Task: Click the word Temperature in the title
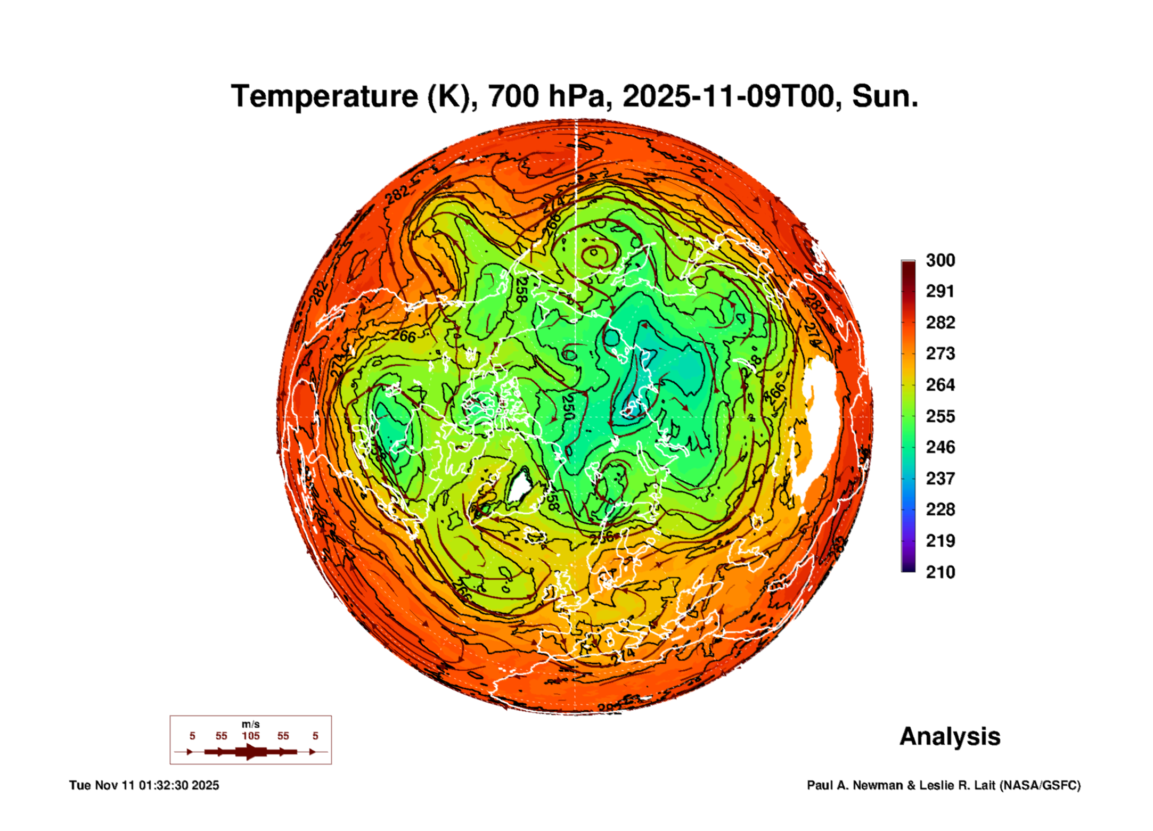[x=324, y=97]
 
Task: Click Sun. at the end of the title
[x=885, y=97]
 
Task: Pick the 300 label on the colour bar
[x=940, y=260]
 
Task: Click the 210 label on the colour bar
[x=940, y=572]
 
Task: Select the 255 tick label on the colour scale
[x=940, y=416]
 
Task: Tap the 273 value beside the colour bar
[x=940, y=353]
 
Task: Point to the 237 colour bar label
[x=940, y=479]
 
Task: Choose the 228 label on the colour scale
[x=940, y=509]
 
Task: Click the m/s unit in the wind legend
[x=250, y=725]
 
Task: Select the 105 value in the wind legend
[x=250, y=736]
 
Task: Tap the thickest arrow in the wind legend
[x=250, y=752]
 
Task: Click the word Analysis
[x=950, y=737]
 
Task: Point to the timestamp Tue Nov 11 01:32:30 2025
[x=144, y=786]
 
